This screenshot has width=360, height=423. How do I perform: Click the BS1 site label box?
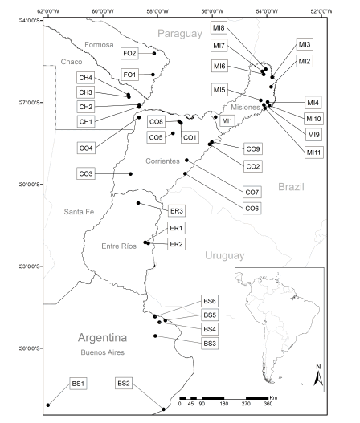coord(79,384)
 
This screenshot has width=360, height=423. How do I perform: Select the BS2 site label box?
coord(124,384)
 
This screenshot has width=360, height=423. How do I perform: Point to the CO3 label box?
coord(87,174)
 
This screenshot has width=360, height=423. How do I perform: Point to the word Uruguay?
coord(223,255)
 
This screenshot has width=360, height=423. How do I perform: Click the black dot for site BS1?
coord(49,406)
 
